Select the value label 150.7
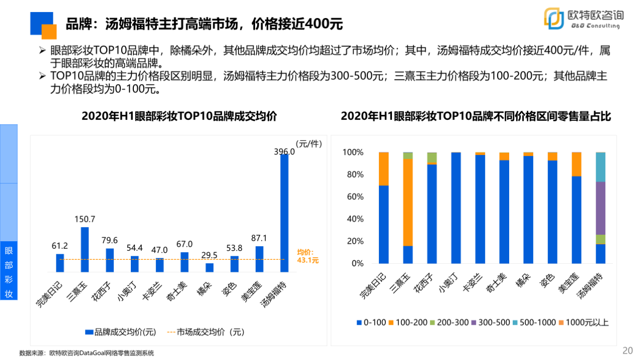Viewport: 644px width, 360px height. (x=85, y=219)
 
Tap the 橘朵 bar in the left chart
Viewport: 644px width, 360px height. (x=209, y=267)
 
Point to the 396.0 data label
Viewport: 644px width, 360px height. (x=284, y=151)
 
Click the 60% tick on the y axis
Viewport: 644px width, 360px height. (x=353, y=197)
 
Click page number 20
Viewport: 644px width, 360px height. (x=627, y=350)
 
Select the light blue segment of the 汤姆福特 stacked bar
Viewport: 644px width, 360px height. (x=600, y=167)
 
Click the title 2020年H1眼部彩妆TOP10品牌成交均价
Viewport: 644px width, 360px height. (x=180, y=116)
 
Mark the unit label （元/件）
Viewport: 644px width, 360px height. (x=308, y=143)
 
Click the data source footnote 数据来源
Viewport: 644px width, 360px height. (x=87, y=353)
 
